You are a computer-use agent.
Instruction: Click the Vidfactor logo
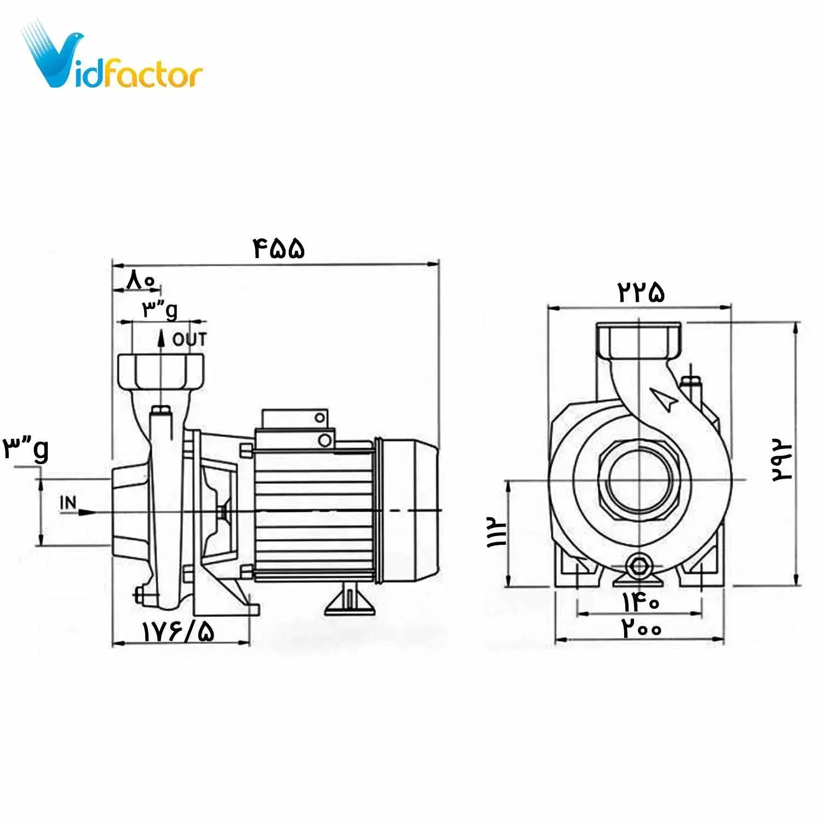pos(112,58)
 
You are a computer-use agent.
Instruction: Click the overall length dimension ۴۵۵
pos(278,248)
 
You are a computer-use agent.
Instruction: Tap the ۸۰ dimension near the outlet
pos(141,281)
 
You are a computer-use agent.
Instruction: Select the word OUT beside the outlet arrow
pos(190,339)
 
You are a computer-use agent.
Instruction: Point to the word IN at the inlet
pos(68,503)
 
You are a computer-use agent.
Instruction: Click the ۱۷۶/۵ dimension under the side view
pos(178,631)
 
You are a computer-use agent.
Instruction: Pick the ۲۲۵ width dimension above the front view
pos(641,292)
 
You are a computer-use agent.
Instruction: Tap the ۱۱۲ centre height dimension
pos(496,532)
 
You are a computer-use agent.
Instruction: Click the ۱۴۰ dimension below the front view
pos(640,603)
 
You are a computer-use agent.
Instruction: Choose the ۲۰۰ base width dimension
pos(641,627)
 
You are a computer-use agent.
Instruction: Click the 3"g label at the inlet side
pos(26,449)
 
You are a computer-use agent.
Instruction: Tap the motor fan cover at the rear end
pos(408,510)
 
